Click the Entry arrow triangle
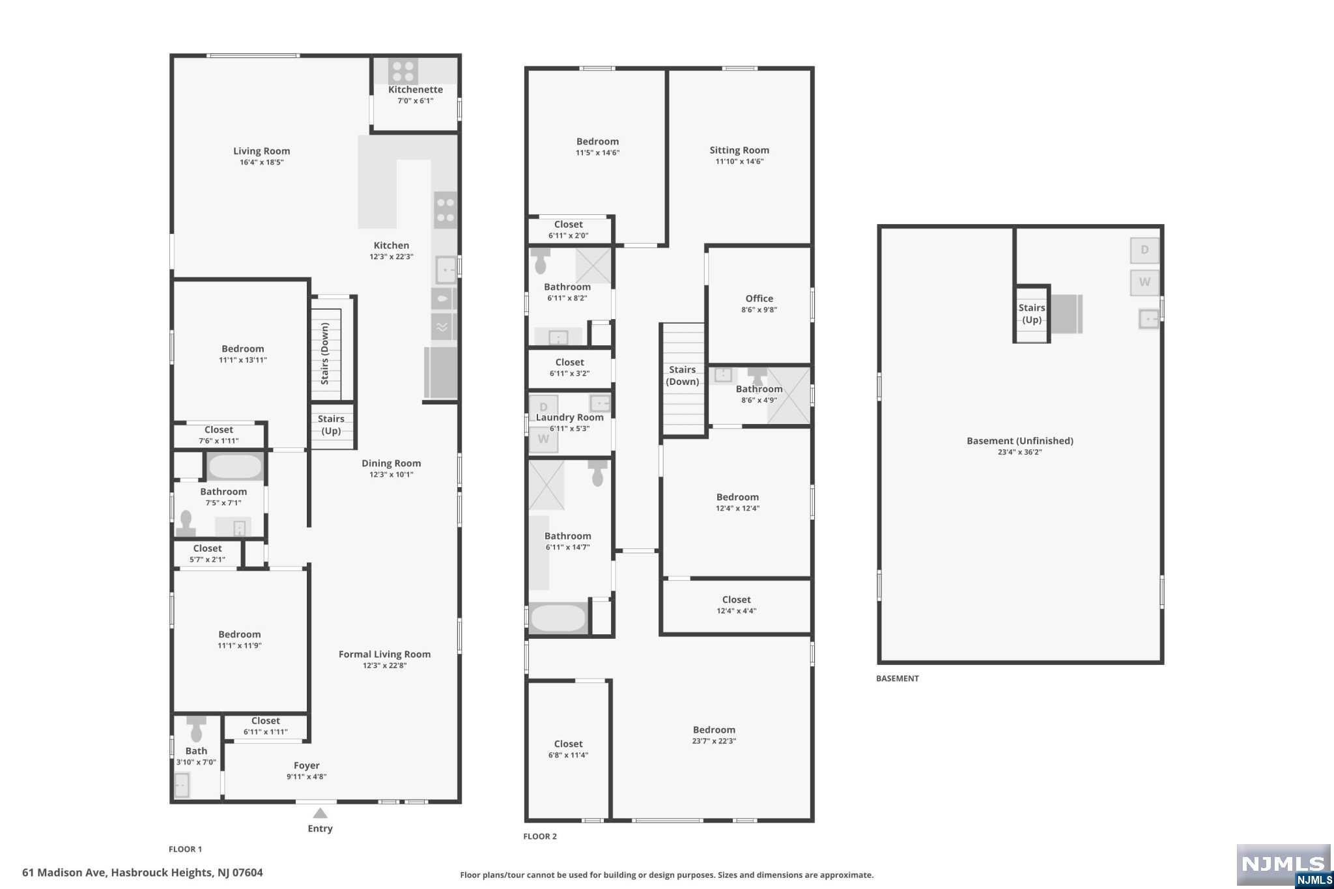point(320,813)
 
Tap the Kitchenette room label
point(416,90)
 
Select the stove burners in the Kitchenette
point(403,71)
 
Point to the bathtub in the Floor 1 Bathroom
point(235,467)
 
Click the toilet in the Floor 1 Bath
point(196,729)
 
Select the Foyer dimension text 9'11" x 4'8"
point(307,776)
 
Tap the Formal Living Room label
point(384,655)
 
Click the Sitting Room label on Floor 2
point(739,150)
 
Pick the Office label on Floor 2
point(759,299)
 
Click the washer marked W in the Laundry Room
point(543,439)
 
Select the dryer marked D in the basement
point(1144,250)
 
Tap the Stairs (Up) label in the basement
point(1032,314)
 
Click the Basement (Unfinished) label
point(1020,441)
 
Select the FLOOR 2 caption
point(540,836)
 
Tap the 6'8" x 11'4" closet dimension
point(568,755)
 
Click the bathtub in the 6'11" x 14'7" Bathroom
point(558,619)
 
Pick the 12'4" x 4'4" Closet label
point(737,600)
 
